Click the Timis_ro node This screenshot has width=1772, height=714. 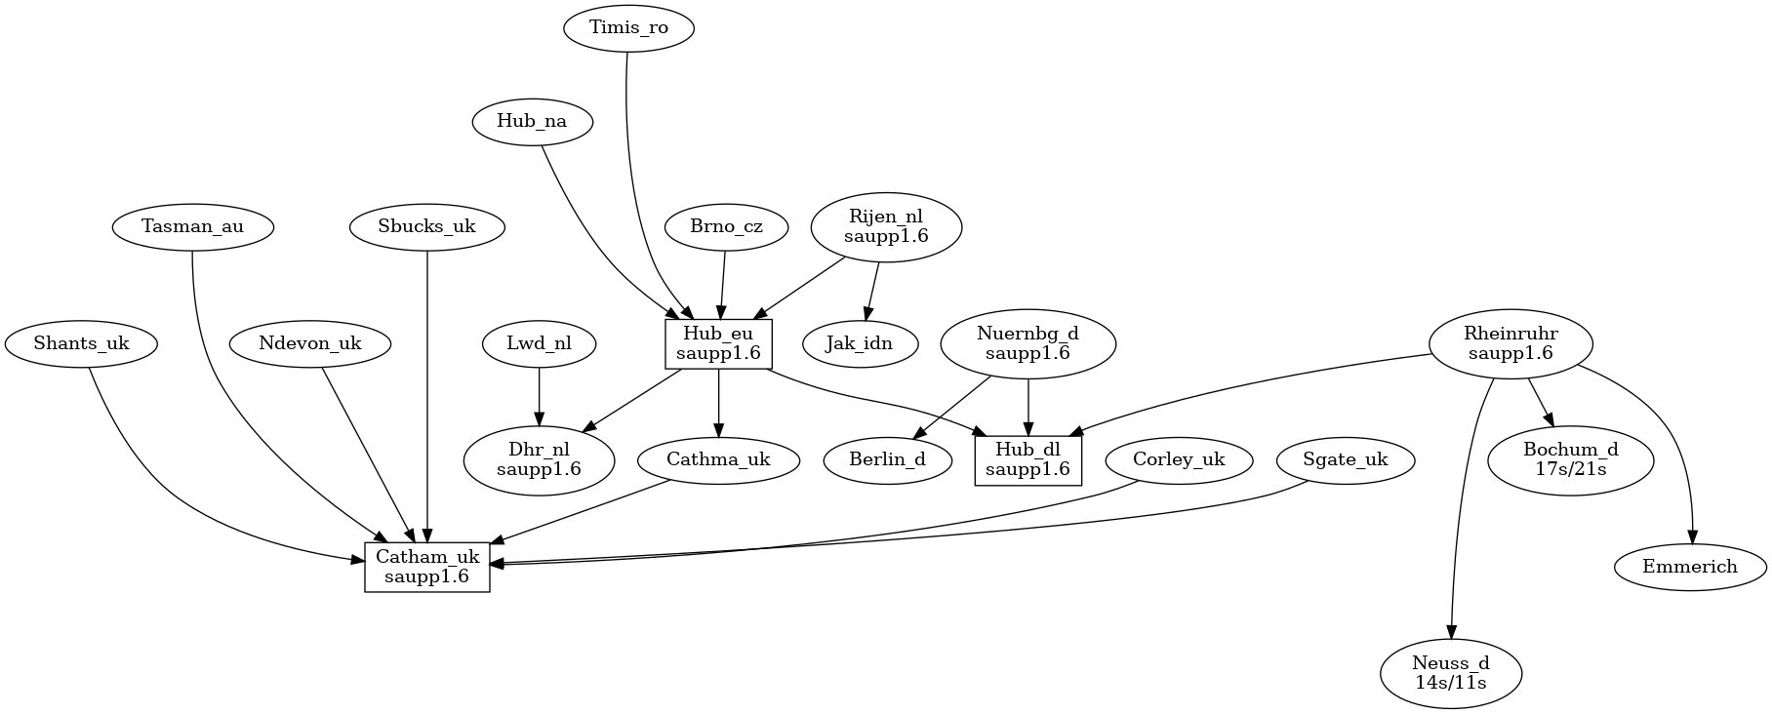pyautogui.click(x=628, y=28)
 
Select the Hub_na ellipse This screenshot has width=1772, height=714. pyautogui.click(x=532, y=122)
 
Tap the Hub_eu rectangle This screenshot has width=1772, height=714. pyautogui.click(x=719, y=344)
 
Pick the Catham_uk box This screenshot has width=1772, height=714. pyautogui.click(x=427, y=567)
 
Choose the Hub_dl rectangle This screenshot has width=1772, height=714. pyautogui.click(x=1028, y=459)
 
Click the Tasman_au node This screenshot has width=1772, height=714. pyautogui.click(x=192, y=227)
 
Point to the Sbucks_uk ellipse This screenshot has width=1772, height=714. pyautogui.click(x=427, y=227)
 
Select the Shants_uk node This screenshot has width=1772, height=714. pyautogui.click(x=81, y=343)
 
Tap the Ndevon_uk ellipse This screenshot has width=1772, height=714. pyautogui.click(x=310, y=343)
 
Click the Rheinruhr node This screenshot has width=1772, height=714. pyautogui.click(x=1510, y=343)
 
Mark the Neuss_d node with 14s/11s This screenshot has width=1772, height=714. pyautogui.click(x=1451, y=673)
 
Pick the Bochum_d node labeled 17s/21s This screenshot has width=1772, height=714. pyautogui.click(x=1571, y=459)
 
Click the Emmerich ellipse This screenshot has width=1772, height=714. pyautogui.click(x=1690, y=567)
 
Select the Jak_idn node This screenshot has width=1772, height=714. pyautogui.click(x=860, y=343)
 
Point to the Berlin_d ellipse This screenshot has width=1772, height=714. pyautogui.click(x=888, y=459)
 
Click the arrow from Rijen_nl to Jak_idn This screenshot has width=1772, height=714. pyautogui.click(x=871, y=289)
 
